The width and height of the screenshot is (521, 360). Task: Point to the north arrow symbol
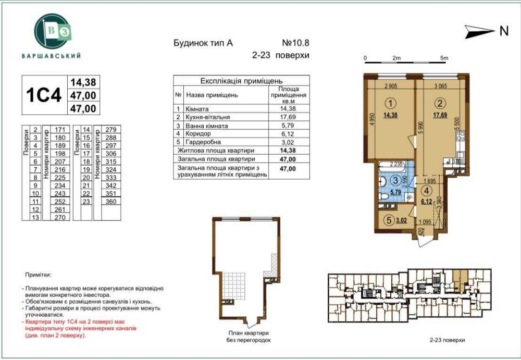[x=480, y=31]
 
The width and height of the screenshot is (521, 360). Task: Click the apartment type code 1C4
[x=44, y=95]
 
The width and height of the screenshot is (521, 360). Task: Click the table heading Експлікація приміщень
[x=241, y=81]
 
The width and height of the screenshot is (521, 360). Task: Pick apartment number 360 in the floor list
[x=110, y=201]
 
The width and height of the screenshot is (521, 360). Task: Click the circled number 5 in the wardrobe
[x=388, y=219]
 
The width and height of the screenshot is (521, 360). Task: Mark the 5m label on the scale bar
[x=443, y=58]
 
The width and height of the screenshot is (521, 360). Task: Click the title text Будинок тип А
[x=203, y=44]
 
